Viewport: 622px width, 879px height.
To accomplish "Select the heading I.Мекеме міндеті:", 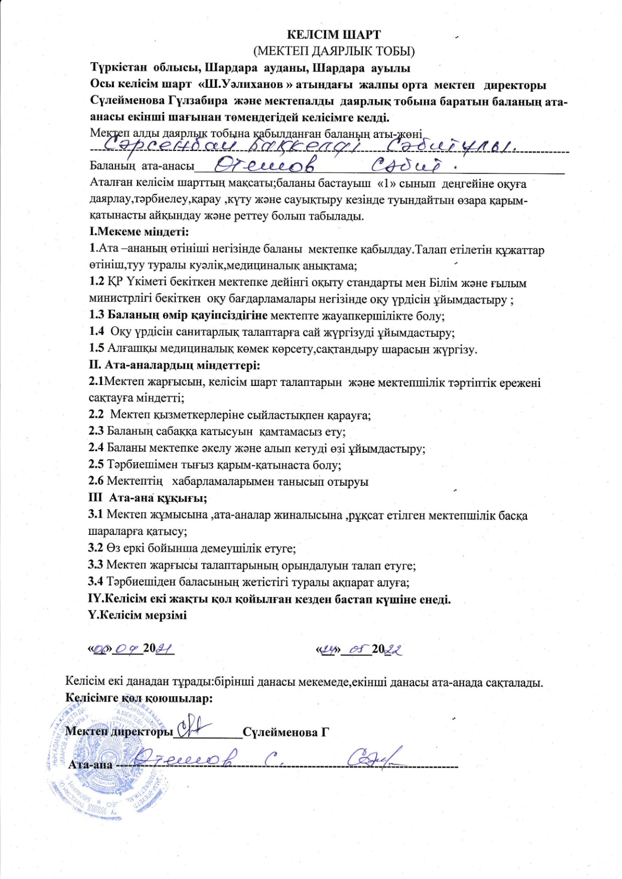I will point(139,231).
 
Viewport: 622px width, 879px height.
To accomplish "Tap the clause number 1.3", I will point(97,315).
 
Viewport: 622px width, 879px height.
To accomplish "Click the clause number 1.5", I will point(97,349).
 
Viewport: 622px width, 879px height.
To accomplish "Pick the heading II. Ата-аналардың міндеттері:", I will point(174,365).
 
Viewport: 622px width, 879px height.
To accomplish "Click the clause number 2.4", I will point(96,448).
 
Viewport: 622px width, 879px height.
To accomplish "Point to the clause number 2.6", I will point(96,481).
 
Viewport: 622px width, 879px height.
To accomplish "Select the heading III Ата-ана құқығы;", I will point(147,498).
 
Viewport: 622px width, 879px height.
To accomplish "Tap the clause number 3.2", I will point(96,548).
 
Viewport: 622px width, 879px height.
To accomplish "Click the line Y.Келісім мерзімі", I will point(137,615).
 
